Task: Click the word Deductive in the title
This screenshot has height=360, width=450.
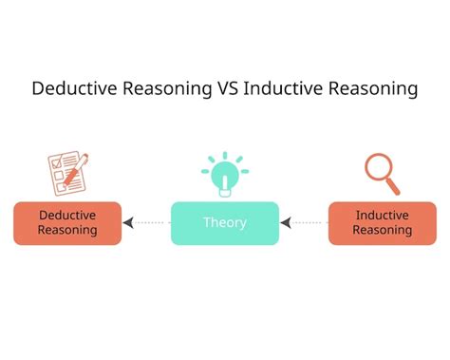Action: coord(68,89)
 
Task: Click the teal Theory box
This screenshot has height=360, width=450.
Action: coord(225,223)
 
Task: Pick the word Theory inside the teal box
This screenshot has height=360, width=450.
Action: coord(225,223)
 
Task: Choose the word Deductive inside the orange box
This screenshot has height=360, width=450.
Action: coord(67,216)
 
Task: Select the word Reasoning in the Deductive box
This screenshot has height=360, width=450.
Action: coord(67,231)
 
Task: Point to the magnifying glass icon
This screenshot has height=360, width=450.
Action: coord(382,173)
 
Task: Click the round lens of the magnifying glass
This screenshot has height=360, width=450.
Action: coord(378,167)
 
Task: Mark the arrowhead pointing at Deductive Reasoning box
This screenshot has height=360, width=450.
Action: coord(128,223)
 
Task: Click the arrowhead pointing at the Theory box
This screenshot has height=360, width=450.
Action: coord(286,223)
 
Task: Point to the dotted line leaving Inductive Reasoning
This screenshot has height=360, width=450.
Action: coord(309,223)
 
